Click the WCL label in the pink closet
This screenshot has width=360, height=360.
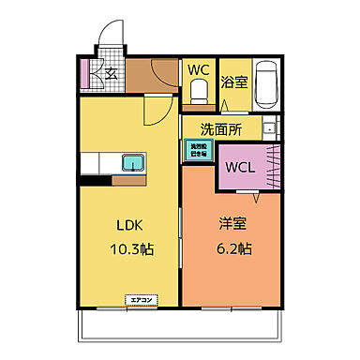239,168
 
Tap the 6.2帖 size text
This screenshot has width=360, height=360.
233,249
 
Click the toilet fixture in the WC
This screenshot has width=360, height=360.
198,91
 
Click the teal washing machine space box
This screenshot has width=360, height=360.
198,151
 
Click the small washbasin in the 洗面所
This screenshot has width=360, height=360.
269,129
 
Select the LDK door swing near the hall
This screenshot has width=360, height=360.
156,114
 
